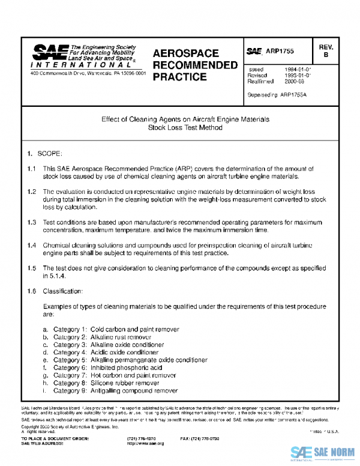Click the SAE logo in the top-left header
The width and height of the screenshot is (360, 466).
50,52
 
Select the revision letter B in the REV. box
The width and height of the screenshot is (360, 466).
326,55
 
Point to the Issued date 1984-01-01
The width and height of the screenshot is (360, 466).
298,70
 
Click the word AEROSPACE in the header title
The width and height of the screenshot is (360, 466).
185,53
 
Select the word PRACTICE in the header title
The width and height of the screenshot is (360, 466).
180,77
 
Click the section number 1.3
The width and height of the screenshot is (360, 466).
32,222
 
